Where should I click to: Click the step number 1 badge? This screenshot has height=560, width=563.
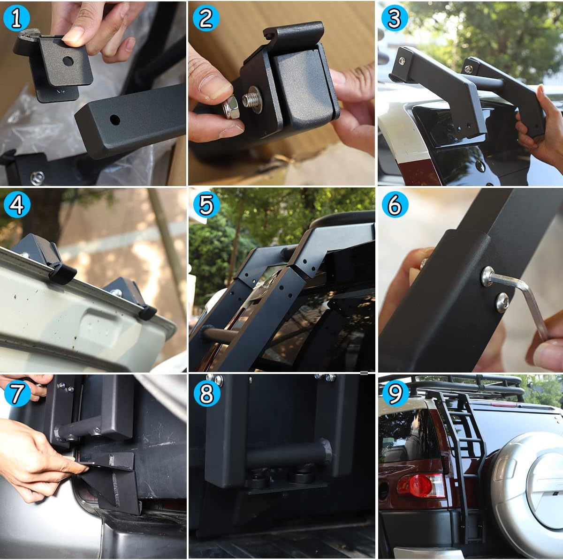pyautogui.click(x=16, y=19)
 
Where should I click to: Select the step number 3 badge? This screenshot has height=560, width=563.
pyautogui.click(x=395, y=19)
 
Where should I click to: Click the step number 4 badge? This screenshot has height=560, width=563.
pyautogui.click(x=16, y=205)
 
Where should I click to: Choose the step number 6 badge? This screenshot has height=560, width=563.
pyautogui.click(x=395, y=205)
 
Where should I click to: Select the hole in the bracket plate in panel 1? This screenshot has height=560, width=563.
pyautogui.click(x=68, y=61)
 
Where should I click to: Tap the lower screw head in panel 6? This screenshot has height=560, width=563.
pyautogui.click(x=502, y=302)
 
